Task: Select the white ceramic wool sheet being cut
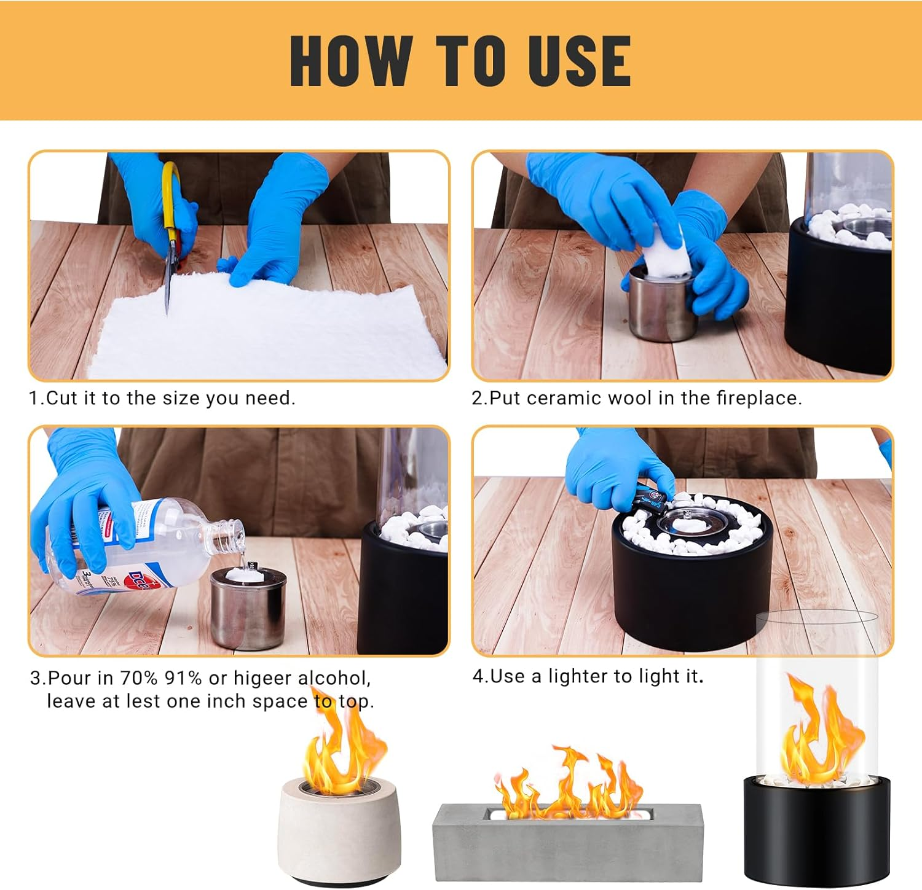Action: coord(264,332)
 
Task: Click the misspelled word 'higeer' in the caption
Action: coord(262,678)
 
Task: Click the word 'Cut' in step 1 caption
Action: coord(62,399)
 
